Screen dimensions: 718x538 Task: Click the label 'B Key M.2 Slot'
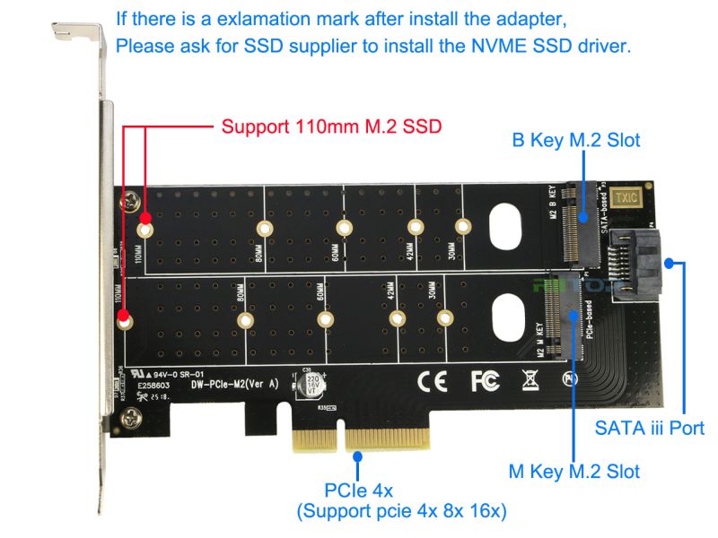click(x=575, y=141)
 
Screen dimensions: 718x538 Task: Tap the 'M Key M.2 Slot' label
click(x=574, y=471)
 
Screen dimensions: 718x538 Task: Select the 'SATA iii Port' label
click(x=649, y=428)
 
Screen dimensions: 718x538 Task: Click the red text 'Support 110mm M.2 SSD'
click(x=331, y=126)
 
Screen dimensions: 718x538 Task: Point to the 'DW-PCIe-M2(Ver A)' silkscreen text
click(x=234, y=384)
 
